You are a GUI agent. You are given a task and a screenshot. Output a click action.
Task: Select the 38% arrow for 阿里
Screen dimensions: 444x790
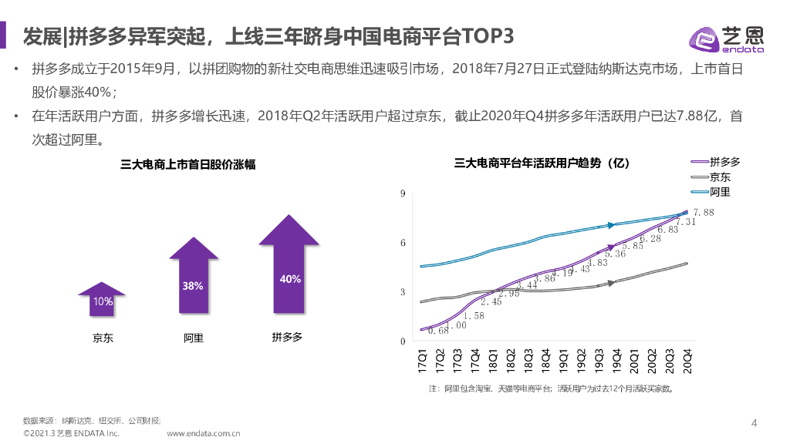point(193,279)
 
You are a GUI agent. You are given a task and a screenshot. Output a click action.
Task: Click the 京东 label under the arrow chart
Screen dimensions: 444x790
point(103,338)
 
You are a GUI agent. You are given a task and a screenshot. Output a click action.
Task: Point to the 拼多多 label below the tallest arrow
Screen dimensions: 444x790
point(287,338)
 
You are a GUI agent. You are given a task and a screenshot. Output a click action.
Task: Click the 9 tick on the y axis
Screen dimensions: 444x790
point(402,193)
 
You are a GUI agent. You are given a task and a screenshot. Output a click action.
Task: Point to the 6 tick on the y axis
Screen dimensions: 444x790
point(402,243)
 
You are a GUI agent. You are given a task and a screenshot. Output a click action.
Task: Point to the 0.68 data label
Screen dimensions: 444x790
point(438,331)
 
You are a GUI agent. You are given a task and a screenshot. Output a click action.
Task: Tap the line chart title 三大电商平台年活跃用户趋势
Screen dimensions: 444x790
point(542,163)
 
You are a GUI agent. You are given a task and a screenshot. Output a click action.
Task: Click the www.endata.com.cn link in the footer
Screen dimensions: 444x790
point(204,434)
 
